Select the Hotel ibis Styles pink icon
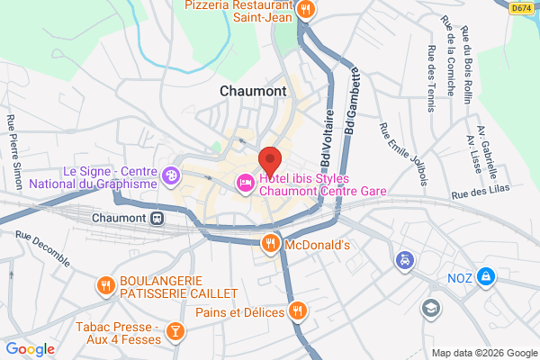(x=244, y=184)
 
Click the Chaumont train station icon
(x=157, y=218)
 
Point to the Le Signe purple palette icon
(x=171, y=176)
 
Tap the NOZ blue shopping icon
(x=486, y=275)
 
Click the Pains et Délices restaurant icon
(x=298, y=312)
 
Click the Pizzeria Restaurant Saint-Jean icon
(x=307, y=10)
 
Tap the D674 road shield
(x=521, y=7)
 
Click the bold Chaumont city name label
(x=253, y=91)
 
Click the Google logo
(x=30, y=349)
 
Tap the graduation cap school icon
(x=433, y=308)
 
